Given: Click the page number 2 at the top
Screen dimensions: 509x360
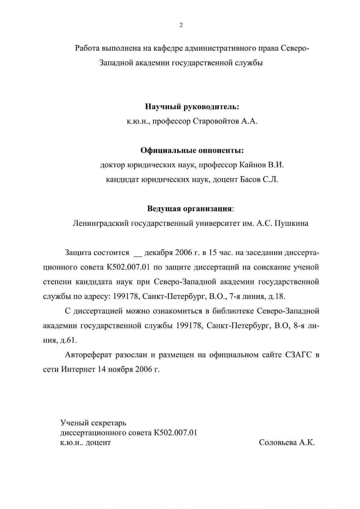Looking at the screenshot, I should click(x=181, y=25).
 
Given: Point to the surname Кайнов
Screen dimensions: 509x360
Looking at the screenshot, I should click(x=253, y=165).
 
